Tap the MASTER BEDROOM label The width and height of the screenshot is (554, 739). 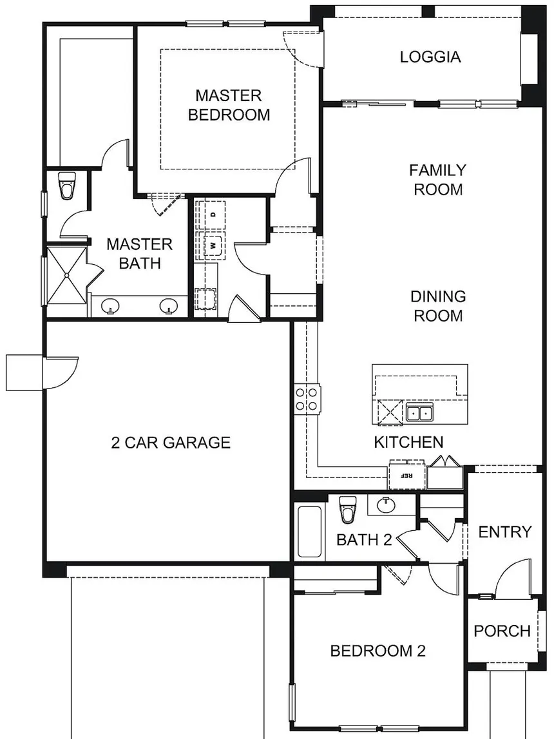tap(229, 105)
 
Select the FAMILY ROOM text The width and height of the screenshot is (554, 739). tap(437, 180)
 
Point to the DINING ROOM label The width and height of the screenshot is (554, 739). tap(438, 306)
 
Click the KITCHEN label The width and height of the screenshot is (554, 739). tap(408, 442)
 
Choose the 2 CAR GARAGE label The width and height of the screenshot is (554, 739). tap(171, 443)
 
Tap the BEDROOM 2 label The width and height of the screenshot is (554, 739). tap(377, 651)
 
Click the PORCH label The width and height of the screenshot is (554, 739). tap(502, 631)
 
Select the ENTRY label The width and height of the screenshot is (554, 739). tap(505, 532)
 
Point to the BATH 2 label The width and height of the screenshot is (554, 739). tap(364, 539)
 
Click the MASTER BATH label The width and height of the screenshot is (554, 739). tap(140, 254)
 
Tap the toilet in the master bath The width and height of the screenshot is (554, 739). tap(67, 186)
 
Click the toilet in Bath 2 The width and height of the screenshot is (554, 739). tap(348, 510)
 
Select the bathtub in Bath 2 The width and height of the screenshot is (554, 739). tap(310, 532)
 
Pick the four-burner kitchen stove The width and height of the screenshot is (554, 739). tap(307, 398)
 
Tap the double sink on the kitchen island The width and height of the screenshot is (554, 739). tap(419, 413)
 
